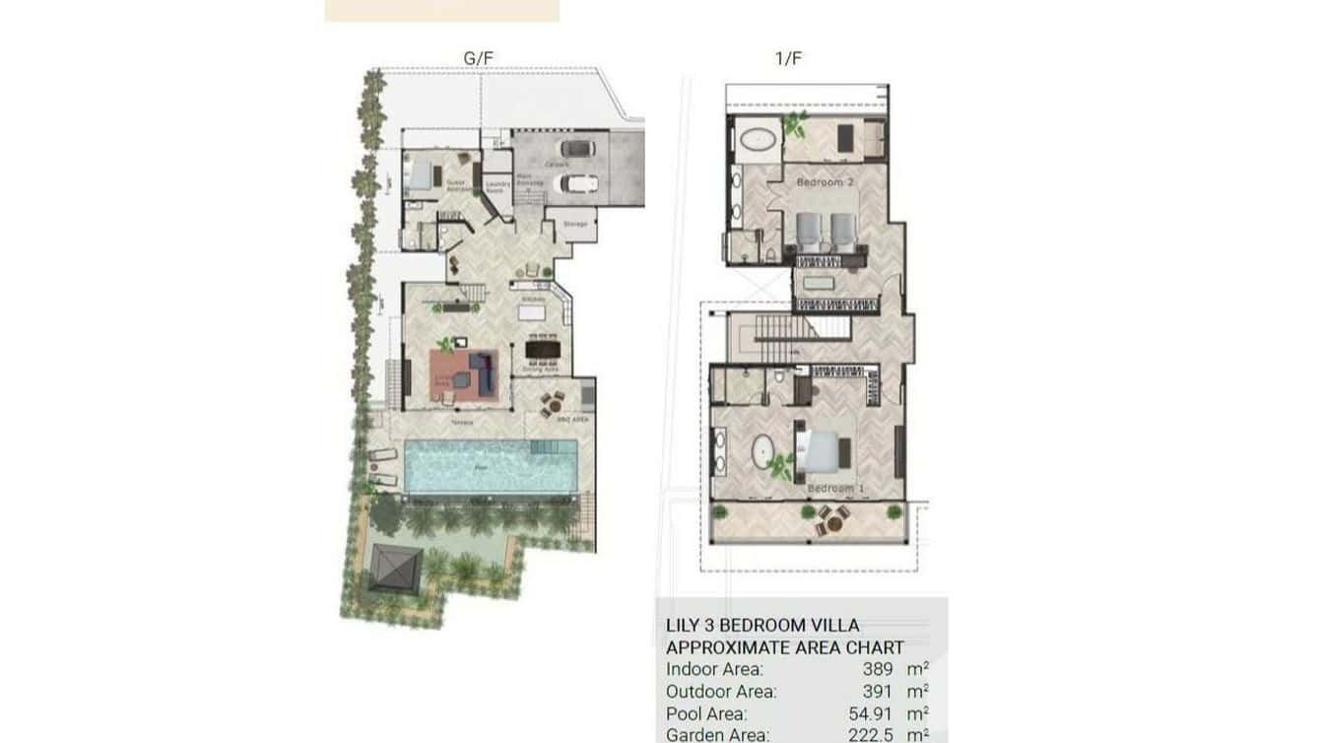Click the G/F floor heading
click(x=478, y=58)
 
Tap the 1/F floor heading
click(x=788, y=58)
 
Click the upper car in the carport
click(x=579, y=150)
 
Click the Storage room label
click(x=575, y=225)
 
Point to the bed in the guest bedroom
click(x=422, y=175)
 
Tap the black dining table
click(x=542, y=349)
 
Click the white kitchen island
click(x=532, y=312)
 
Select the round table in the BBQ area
click(x=554, y=402)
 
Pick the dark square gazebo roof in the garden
click(x=395, y=569)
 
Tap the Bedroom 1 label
click(x=830, y=488)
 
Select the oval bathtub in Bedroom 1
click(x=763, y=452)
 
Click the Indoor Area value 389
click(x=878, y=668)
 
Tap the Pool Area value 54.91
click(x=871, y=713)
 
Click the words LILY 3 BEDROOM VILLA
click(x=762, y=626)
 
